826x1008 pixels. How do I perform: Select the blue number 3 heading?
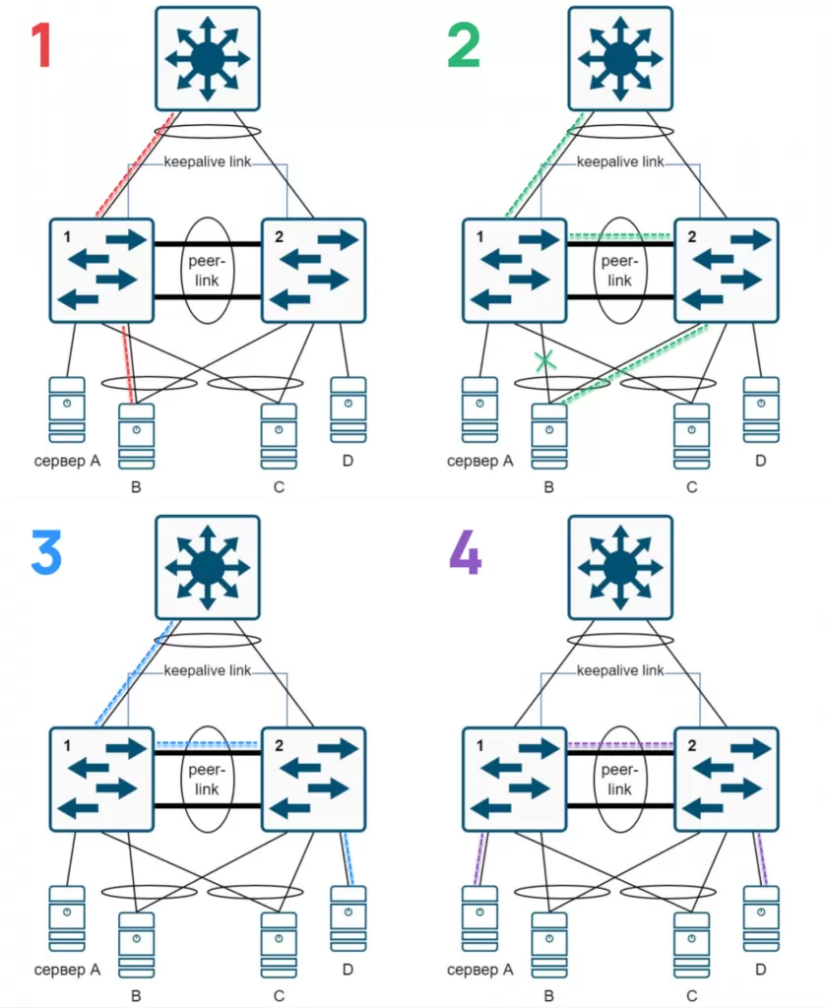[x=45, y=552]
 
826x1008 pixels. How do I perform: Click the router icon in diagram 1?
[x=207, y=58]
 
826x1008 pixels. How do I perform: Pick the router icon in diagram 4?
[x=620, y=566]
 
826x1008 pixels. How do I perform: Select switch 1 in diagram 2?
[x=515, y=270]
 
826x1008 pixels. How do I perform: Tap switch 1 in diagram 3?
[x=101, y=779]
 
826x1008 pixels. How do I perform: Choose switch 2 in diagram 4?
[x=727, y=779]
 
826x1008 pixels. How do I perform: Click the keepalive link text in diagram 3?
[x=207, y=670]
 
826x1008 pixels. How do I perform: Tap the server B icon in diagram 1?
[x=136, y=436]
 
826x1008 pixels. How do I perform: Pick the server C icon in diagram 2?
[x=691, y=436]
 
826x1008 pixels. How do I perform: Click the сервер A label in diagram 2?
[x=480, y=461]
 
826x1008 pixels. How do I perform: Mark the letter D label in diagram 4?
[x=760, y=970]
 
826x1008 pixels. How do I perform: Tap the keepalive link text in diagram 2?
[x=620, y=161]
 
